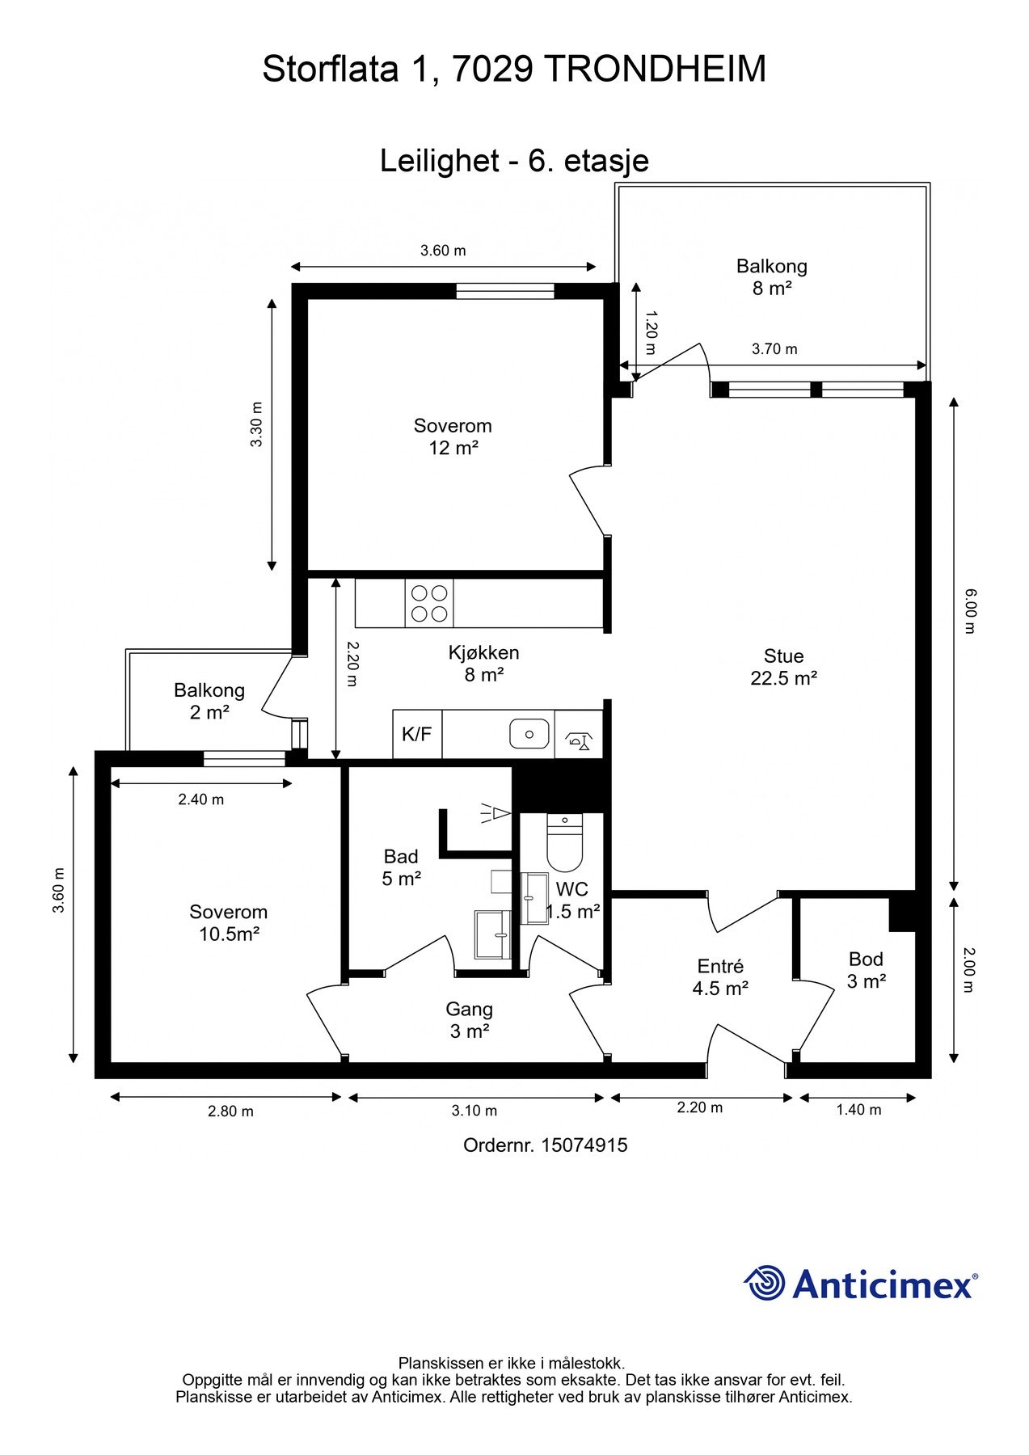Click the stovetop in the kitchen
[x=428, y=603]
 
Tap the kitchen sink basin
[x=529, y=734]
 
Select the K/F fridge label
[x=417, y=734]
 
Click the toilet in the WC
[x=564, y=841]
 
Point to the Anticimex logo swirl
[x=764, y=1283]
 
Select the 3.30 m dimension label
[x=256, y=425]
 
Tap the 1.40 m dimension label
[x=858, y=1110]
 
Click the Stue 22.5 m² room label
[x=783, y=667]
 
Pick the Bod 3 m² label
[x=866, y=970]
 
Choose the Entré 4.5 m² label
[x=720, y=976]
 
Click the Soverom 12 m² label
[x=453, y=436]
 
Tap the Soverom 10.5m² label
[x=229, y=923]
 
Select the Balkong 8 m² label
[x=772, y=277]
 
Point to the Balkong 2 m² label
[x=209, y=702]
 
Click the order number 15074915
[x=584, y=1145]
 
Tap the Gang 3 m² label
[x=470, y=1020]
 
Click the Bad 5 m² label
[x=401, y=867]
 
